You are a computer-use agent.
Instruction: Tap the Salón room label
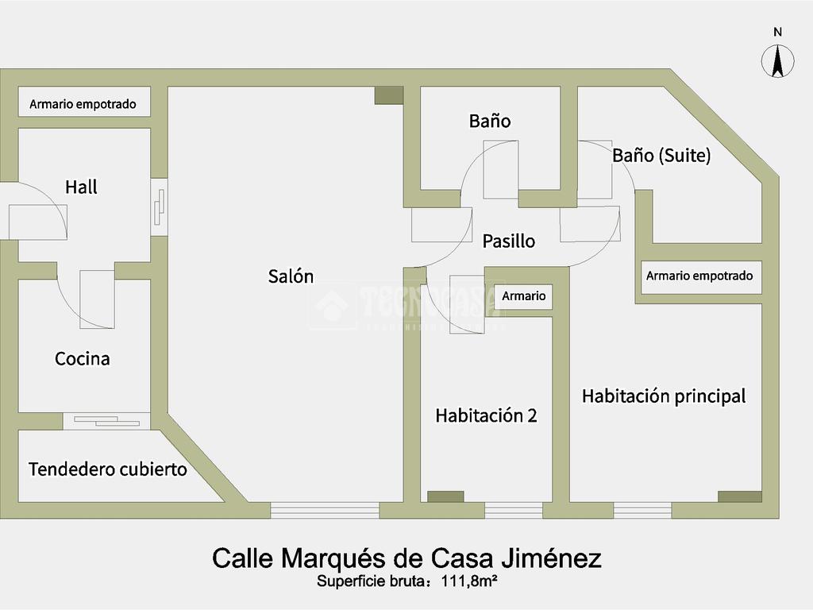coord(291,276)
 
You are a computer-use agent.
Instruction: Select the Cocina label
coord(83,359)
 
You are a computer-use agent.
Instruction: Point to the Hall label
coord(82,187)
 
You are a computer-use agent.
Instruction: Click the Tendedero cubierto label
coord(108,469)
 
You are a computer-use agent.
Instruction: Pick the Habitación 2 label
coord(486,415)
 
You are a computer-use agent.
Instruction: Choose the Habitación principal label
coord(664,396)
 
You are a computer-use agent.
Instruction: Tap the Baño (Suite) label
coord(661,156)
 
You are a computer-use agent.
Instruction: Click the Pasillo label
coord(509,241)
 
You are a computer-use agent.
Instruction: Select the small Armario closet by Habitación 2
coord(524,296)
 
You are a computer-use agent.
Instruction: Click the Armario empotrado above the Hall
coord(83,104)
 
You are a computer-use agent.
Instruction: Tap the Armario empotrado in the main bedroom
coord(699,276)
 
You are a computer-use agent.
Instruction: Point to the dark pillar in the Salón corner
coord(389,95)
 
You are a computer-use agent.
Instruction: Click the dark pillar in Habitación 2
coord(445,496)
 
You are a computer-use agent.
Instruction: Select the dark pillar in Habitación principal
coord(739,496)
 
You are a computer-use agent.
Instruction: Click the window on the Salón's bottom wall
coord(325,510)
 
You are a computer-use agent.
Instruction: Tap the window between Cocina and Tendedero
coord(106,421)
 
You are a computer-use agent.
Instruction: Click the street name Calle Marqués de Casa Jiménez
coord(406,558)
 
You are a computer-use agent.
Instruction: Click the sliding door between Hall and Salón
coord(160,207)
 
